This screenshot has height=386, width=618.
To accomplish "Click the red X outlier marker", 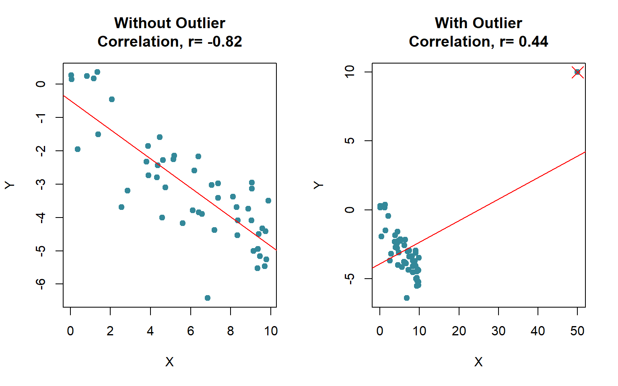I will (x=577, y=72).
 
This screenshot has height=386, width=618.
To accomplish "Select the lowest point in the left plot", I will (x=208, y=298).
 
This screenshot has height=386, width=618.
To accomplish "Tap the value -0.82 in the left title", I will (x=225, y=42).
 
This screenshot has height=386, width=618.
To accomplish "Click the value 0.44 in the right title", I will (x=533, y=42).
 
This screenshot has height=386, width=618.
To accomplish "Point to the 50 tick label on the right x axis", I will (x=577, y=331).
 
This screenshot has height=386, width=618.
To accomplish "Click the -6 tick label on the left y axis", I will (x=41, y=284).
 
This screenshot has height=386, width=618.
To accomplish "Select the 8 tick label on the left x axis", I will (x=231, y=331).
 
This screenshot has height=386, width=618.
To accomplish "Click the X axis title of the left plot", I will (x=169, y=362).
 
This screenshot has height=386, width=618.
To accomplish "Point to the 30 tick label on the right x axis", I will (x=498, y=331).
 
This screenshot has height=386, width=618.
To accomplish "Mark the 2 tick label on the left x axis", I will (x=110, y=331).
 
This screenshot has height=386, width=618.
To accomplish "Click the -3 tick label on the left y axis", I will (x=41, y=184).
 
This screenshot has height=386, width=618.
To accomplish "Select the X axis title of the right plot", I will (x=478, y=362).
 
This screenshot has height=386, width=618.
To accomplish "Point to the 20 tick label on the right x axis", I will (x=459, y=331).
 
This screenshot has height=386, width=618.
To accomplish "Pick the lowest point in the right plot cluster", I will (x=407, y=298).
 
